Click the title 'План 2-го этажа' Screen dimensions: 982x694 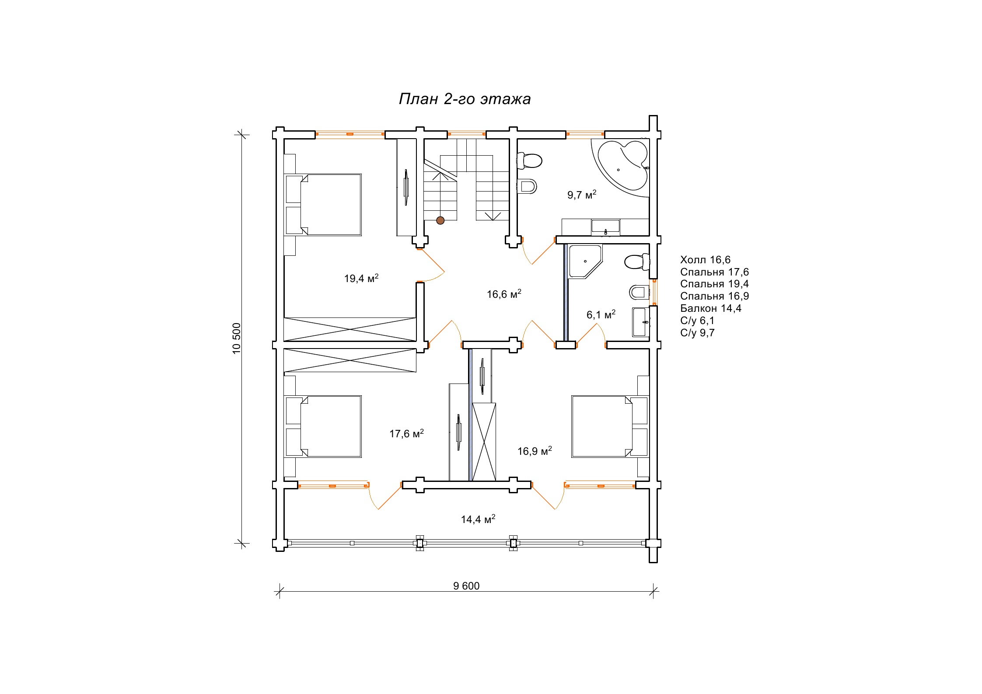pyautogui.click(x=465, y=99)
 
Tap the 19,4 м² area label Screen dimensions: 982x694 pyautogui.click(x=361, y=278)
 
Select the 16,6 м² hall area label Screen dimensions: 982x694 pyautogui.click(x=504, y=294)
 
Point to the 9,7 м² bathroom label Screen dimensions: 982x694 pyautogui.click(x=582, y=195)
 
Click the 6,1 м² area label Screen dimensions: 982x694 pyautogui.click(x=601, y=314)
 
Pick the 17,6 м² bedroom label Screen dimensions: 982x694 pyautogui.click(x=407, y=433)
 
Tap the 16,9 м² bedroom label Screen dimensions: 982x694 pyautogui.click(x=535, y=451)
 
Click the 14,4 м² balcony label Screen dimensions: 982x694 pyautogui.click(x=478, y=519)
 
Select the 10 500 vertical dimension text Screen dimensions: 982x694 pyautogui.click(x=237, y=338)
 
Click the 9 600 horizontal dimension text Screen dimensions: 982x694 pyautogui.click(x=466, y=586)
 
